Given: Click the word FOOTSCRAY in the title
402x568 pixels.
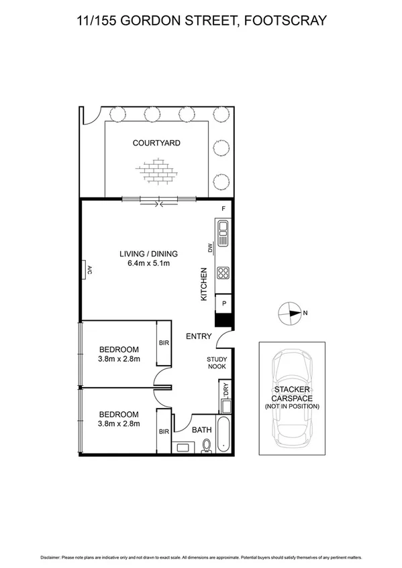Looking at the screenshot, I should pyautogui.click(x=285, y=21).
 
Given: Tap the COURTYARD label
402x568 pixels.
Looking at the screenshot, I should pyautogui.click(x=156, y=143).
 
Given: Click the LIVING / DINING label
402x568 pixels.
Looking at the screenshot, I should pyautogui.click(x=148, y=254).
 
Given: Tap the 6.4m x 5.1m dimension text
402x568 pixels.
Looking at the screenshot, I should pyautogui.click(x=148, y=264).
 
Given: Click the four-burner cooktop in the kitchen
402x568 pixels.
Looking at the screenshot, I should pyautogui.click(x=223, y=273).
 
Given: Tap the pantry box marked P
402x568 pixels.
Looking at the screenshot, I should pyautogui.click(x=223, y=304).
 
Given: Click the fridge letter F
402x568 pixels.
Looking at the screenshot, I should pyautogui.click(x=223, y=209).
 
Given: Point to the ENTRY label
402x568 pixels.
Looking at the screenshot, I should pyautogui.click(x=199, y=336).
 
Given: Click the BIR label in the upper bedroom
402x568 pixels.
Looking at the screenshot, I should pyautogui.click(x=163, y=342).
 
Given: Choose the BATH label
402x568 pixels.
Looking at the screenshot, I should pyautogui.click(x=201, y=430).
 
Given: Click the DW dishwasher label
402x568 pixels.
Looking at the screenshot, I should pyautogui.click(x=209, y=248).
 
